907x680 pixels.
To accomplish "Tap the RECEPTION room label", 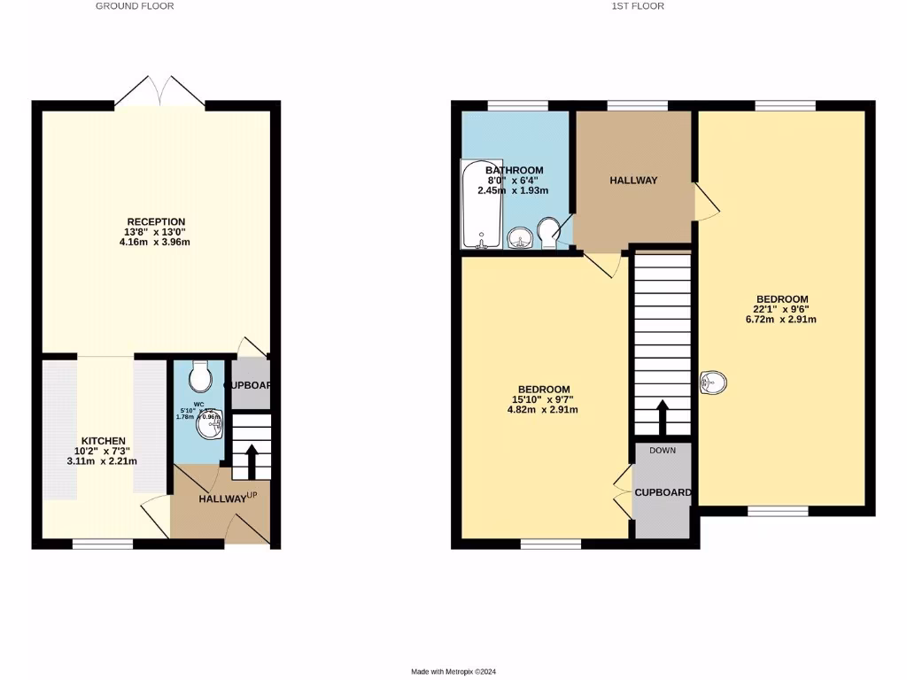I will click(156, 221).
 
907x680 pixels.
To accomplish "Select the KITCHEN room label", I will click(104, 441).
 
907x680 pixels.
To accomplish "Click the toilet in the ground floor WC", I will click(200, 377).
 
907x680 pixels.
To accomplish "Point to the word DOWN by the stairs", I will click(663, 450).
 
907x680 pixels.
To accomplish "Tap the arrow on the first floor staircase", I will click(663, 416).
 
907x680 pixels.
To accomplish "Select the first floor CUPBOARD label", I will click(663, 492).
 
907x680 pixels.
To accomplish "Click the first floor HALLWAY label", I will click(633, 181).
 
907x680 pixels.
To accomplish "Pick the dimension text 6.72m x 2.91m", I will click(781, 320).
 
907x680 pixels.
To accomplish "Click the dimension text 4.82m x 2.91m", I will click(544, 410).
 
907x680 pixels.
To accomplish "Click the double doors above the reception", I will click(160, 91).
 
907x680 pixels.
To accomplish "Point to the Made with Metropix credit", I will click(459, 671).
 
